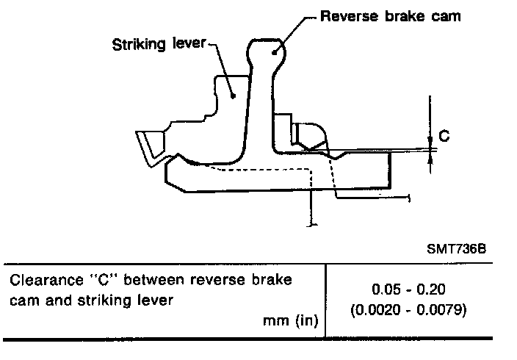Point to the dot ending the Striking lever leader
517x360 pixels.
click(x=232, y=94)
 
